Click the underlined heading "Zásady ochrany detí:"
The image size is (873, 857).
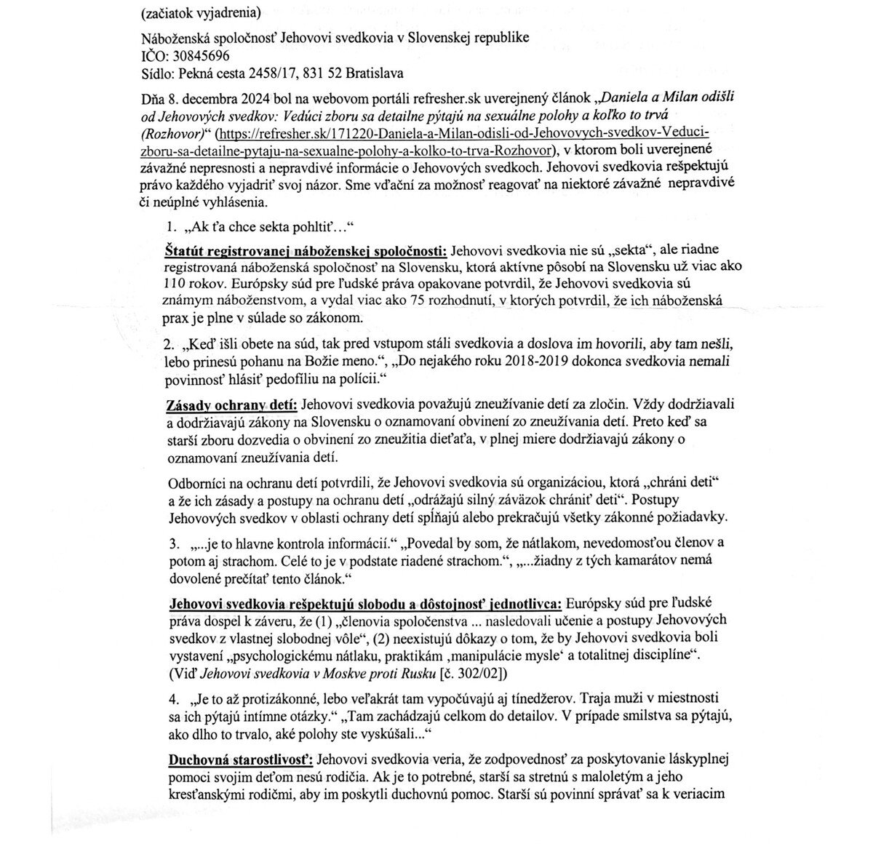[231, 404]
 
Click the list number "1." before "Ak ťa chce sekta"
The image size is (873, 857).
[172, 226]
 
